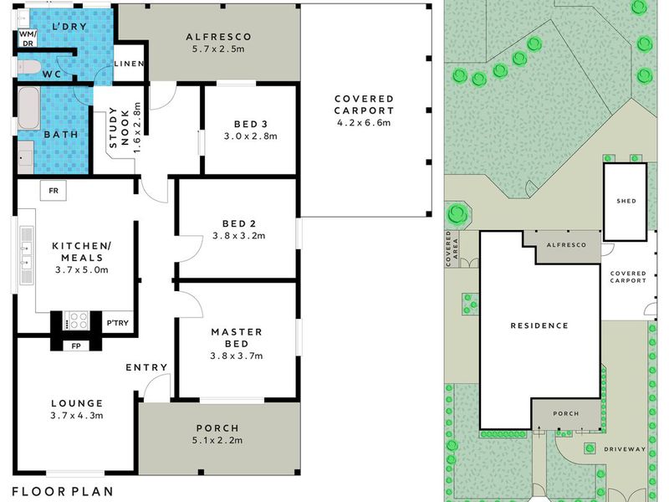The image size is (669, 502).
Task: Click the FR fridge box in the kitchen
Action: coord(54,191)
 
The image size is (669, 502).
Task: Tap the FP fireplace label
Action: coord(76,346)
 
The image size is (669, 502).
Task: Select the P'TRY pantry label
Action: coord(117,323)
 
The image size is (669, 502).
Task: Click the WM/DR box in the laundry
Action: coord(28,38)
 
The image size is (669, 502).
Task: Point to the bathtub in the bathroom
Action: coord(28,108)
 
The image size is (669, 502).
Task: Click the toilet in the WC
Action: coord(28,67)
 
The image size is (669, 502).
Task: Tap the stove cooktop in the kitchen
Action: coord(76,320)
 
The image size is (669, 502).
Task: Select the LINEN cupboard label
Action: coord(129,64)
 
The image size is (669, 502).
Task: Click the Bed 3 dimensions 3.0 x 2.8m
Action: coord(250,136)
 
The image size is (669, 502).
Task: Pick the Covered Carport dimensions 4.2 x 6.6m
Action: coord(364,123)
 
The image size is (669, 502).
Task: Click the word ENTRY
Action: coord(146,367)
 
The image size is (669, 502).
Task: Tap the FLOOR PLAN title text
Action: coord(63,491)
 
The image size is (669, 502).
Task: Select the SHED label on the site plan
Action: coord(626,201)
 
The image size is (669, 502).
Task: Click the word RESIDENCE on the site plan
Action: coord(539,325)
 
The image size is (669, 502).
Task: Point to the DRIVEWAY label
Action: coord(625,449)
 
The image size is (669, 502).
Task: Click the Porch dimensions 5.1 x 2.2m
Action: coord(217,440)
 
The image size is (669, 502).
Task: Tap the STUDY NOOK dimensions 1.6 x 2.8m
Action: coord(137,128)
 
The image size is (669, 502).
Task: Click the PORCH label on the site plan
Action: coord(566,413)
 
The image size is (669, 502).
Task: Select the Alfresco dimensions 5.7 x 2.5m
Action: coord(218,49)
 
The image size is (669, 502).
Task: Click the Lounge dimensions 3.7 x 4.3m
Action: coord(77,415)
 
